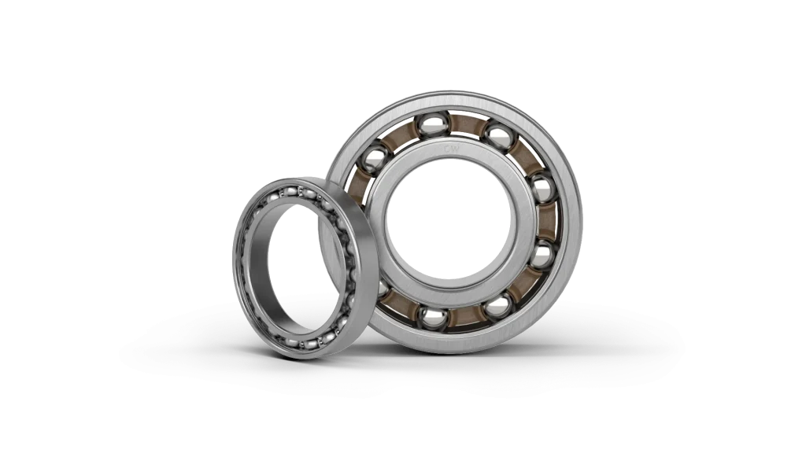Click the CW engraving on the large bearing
click(451, 148)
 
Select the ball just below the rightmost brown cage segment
click(541, 254)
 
